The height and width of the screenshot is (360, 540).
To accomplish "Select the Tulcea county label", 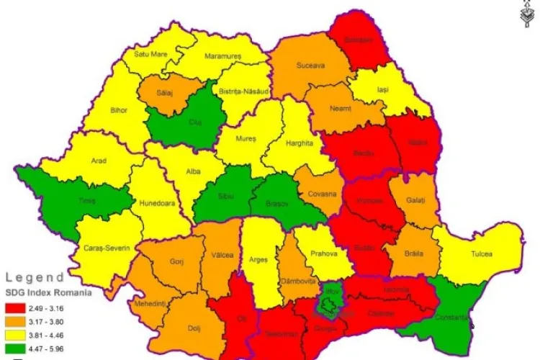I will pyautogui.click(x=482, y=254).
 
